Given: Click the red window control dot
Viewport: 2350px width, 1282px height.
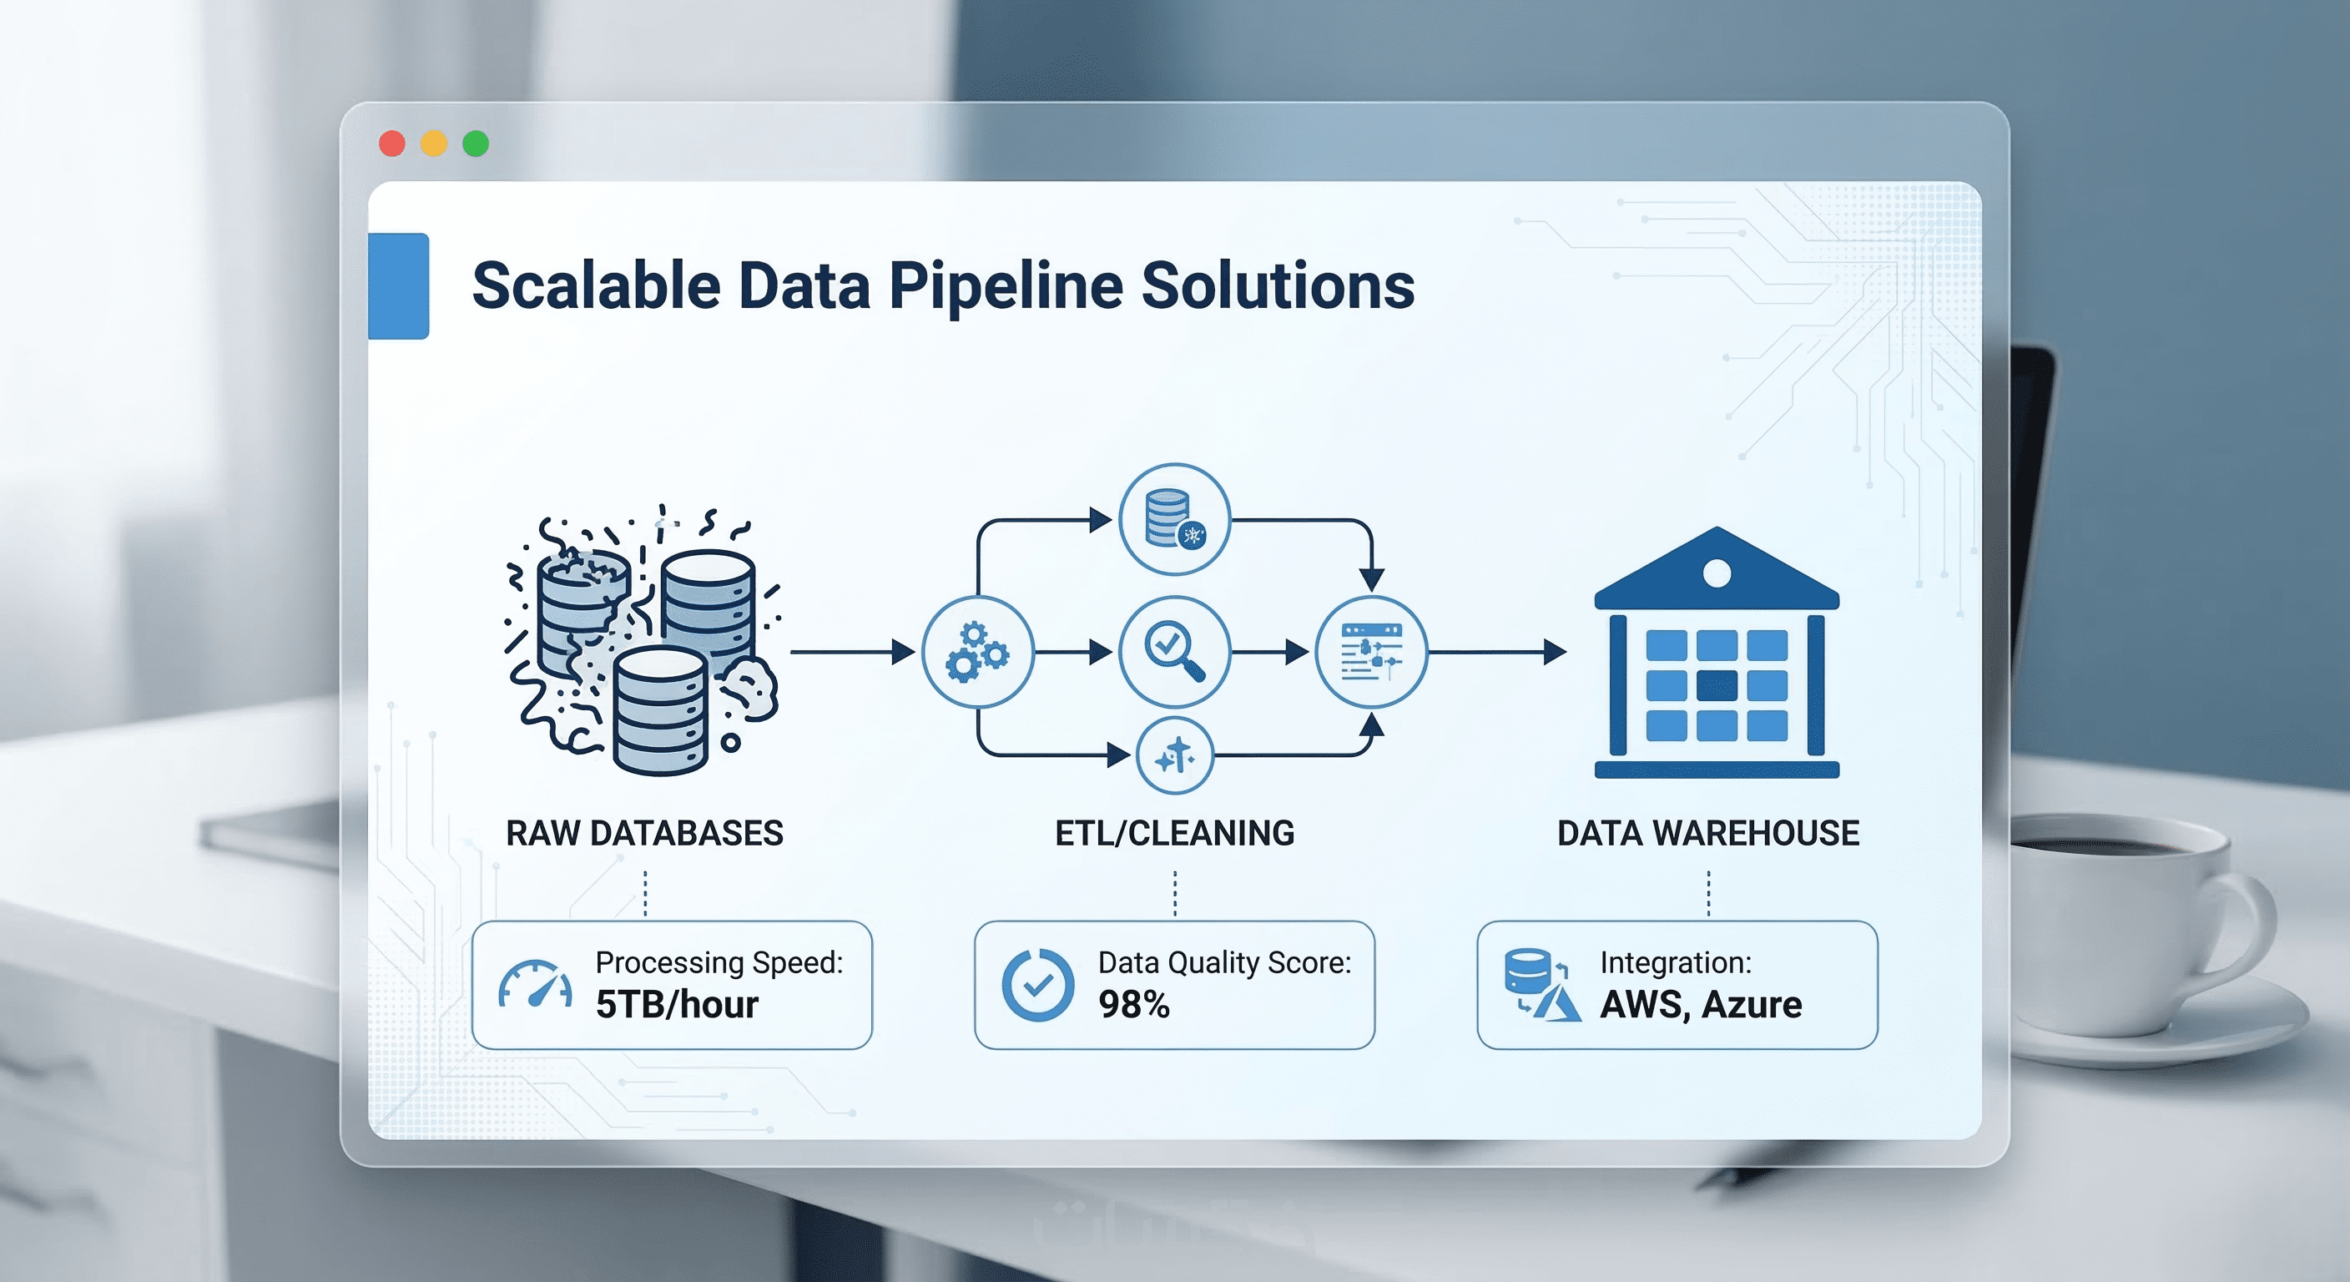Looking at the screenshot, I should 392,144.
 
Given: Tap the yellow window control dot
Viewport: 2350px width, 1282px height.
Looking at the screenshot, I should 434,144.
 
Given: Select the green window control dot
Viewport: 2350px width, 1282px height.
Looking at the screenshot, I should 477,144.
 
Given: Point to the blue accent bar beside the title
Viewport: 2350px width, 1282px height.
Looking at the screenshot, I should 399,285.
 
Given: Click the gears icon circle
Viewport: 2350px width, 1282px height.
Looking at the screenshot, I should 977,652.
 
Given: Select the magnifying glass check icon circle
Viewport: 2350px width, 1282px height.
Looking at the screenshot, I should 1174,652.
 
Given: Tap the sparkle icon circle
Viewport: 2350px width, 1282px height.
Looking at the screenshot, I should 1175,755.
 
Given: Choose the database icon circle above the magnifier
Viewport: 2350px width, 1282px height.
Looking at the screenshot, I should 1174,519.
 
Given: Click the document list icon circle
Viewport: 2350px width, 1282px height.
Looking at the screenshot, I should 1370,652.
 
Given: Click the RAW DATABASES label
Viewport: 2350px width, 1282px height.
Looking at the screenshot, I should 644,833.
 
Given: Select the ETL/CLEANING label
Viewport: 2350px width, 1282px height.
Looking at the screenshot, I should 1174,833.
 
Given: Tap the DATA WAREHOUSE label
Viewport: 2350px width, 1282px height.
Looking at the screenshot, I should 1707,833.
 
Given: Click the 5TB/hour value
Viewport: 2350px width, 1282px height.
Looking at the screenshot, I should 677,1005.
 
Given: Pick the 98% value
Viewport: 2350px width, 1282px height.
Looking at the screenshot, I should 1134,1005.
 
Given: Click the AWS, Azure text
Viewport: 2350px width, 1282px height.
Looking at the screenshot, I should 1701,1005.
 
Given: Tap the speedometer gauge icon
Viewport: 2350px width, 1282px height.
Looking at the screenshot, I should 536,985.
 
